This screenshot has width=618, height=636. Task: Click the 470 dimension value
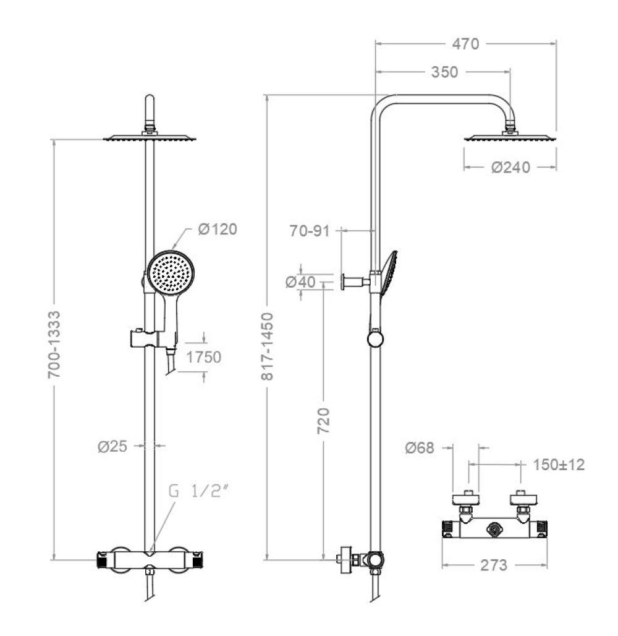coord(465,44)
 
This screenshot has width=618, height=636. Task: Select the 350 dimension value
coord(444,72)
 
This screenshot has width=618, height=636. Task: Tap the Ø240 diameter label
coord(510,167)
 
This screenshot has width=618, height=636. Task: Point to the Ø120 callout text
coord(218,229)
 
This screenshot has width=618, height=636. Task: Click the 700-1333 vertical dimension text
coord(54,345)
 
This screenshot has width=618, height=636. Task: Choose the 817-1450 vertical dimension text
coord(267,346)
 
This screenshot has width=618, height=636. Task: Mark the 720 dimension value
coord(323,421)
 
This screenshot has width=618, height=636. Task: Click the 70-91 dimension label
coord(310,231)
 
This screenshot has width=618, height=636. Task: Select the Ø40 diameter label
coord(300,282)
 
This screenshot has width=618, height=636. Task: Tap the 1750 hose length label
coord(203,358)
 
